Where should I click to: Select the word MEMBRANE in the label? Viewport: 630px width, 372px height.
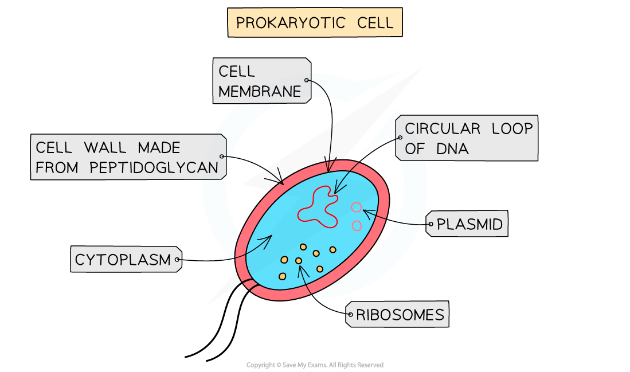pos(260,91)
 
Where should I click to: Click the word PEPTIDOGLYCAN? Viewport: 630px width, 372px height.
pos(154,167)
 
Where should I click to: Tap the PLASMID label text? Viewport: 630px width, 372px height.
pos(469,225)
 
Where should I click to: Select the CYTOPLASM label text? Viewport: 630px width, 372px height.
pos(123,260)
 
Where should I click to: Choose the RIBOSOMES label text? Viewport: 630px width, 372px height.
pos(400,315)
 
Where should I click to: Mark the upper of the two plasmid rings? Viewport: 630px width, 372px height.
pos(357,207)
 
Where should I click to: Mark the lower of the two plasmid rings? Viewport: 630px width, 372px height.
pos(357,226)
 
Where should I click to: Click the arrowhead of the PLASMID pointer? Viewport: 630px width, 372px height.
pos(365,212)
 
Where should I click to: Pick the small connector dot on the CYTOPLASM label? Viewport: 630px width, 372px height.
pos(178,260)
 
